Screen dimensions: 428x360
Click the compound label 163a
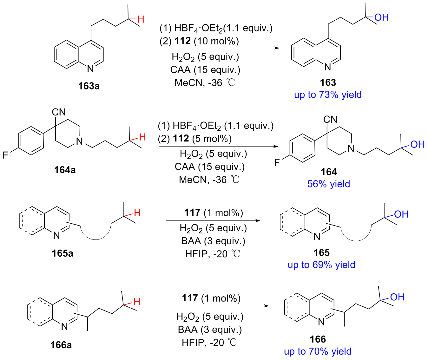tap(89, 86)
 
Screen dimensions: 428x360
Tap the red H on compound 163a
tap(141, 19)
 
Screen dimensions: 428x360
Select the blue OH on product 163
tap(381, 17)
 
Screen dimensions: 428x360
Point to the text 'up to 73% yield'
tap(328, 95)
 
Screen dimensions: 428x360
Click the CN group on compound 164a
tap(59, 112)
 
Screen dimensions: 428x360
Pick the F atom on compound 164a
tap(5, 155)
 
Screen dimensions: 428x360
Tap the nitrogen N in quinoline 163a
tap(90, 69)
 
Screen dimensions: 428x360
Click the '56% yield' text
tap(329, 184)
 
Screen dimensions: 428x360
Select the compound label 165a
tap(63, 253)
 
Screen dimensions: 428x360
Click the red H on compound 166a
tap(137, 302)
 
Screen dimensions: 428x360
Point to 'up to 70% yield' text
tap(318, 351)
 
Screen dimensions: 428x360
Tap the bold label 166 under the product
tap(318, 339)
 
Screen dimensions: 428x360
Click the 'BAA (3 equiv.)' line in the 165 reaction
tap(213, 241)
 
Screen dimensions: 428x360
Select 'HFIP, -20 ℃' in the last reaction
tap(209, 343)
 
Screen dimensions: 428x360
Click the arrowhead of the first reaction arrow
tap(279, 48)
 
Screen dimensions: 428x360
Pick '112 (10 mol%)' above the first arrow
tap(207, 41)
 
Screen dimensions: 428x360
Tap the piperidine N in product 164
tap(351, 149)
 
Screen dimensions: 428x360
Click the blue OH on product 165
tap(401, 214)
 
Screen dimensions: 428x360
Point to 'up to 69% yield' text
tap(321, 265)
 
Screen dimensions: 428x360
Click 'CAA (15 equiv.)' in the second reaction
tap(210, 167)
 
